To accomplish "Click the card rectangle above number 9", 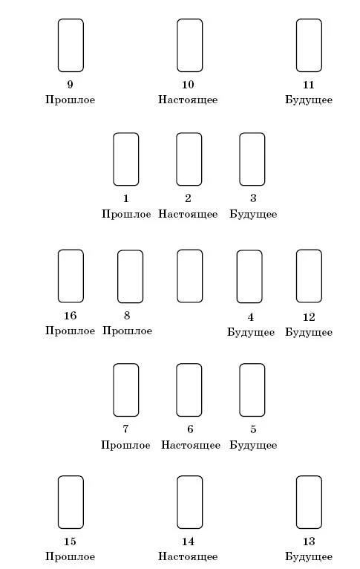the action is click(59, 45).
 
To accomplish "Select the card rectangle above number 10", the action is click(177, 45).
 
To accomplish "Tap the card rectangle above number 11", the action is click(297, 45).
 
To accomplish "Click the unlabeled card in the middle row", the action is click(177, 276).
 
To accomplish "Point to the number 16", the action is click(70, 316).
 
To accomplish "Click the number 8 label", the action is click(127, 316).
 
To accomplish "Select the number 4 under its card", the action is click(250, 316).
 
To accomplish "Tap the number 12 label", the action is click(309, 316).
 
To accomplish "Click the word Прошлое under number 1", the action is click(126, 214).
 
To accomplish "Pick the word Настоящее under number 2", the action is click(188, 214).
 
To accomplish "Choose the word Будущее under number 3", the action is click(253, 214).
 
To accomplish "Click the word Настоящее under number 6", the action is click(191, 445).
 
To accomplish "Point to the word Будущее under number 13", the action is click(309, 556).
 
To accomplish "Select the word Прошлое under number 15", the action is click(70, 556).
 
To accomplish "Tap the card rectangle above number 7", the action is click(114, 390).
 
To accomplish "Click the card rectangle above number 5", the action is click(240, 390).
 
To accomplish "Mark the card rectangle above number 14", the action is click(177, 502).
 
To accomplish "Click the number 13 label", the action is click(309, 542).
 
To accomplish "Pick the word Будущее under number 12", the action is click(309, 332).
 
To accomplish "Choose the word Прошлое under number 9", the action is click(70, 100).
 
